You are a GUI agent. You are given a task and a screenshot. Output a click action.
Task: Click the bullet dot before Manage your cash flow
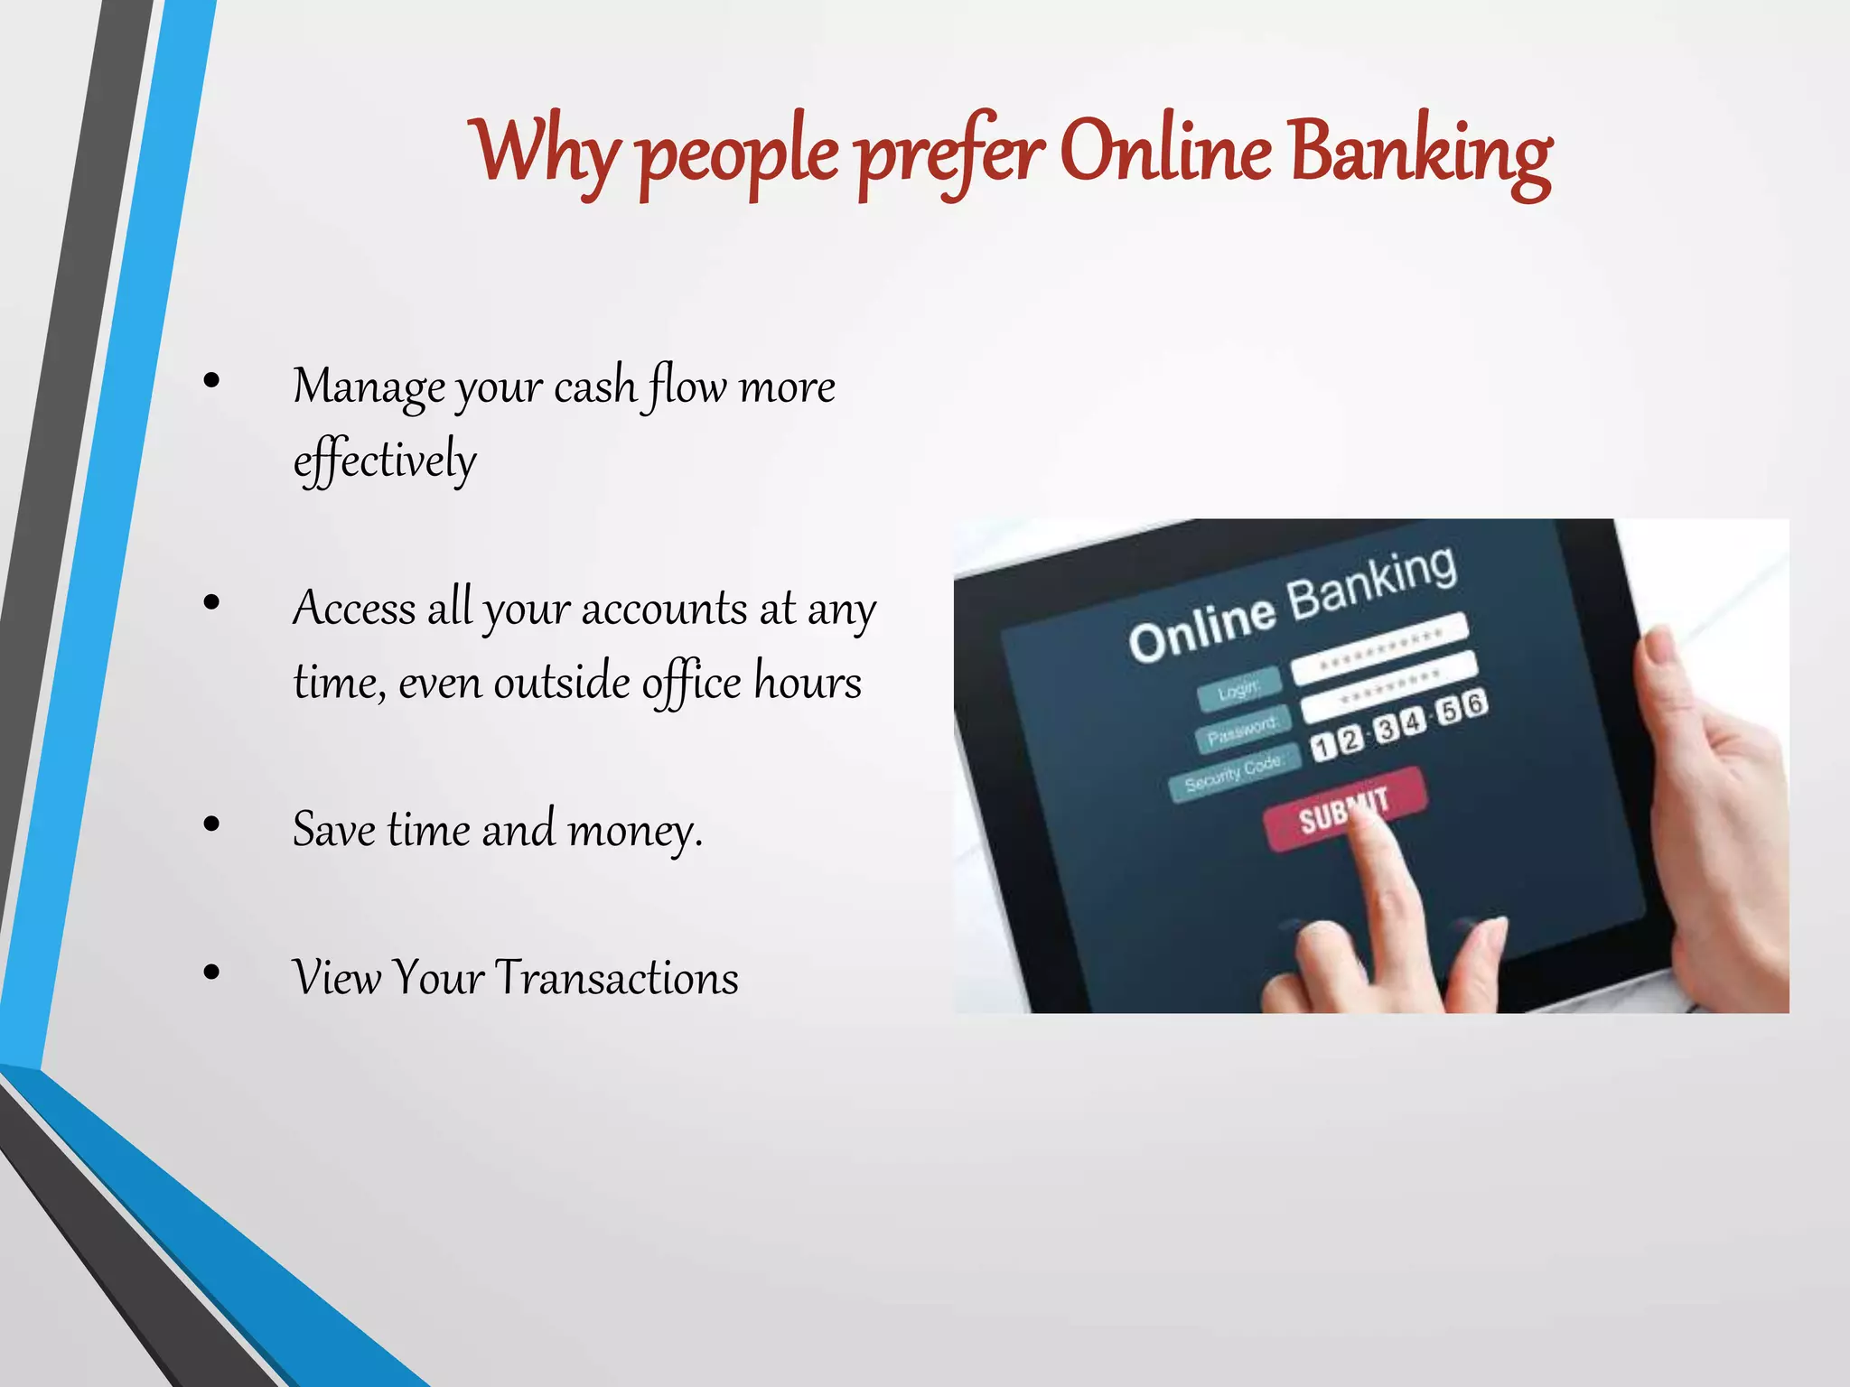[x=212, y=381]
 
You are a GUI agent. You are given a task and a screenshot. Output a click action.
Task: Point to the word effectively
[x=385, y=461]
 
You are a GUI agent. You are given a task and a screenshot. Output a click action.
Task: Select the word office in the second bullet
[x=691, y=682]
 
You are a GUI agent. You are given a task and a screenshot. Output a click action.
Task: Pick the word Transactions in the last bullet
[x=617, y=978]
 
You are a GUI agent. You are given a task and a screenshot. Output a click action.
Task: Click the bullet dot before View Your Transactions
[x=212, y=973]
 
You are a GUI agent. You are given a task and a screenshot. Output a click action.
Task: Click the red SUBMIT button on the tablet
[x=1344, y=809]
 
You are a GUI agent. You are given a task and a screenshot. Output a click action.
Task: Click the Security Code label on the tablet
[x=1233, y=774]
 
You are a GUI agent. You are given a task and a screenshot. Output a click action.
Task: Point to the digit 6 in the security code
[x=1474, y=703]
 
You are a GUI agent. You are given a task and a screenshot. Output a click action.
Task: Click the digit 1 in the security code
[x=1322, y=747]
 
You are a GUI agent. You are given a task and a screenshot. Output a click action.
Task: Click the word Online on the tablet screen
[x=1202, y=627]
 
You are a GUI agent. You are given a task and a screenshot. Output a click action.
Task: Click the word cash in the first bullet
[x=595, y=386]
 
